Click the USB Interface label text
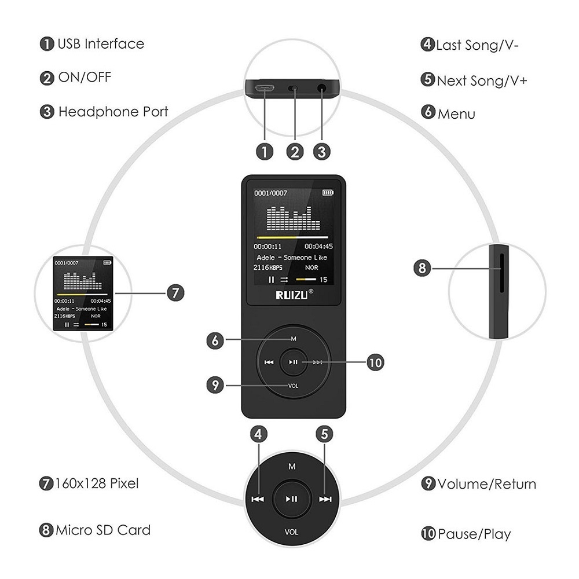click(x=100, y=44)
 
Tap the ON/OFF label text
click(x=85, y=78)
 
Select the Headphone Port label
click(x=113, y=112)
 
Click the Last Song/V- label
click(x=477, y=45)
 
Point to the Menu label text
click(x=456, y=113)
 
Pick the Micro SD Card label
click(x=103, y=530)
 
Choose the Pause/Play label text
click(x=474, y=533)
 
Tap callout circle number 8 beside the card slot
click(x=422, y=268)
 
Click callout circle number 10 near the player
click(x=375, y=363)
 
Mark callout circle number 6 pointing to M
click(x=215, y=340)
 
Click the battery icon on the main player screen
click(x=328, y=192)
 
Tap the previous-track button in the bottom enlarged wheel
click(x=258, y=499)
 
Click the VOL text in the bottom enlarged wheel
click(x=291, y=532)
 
